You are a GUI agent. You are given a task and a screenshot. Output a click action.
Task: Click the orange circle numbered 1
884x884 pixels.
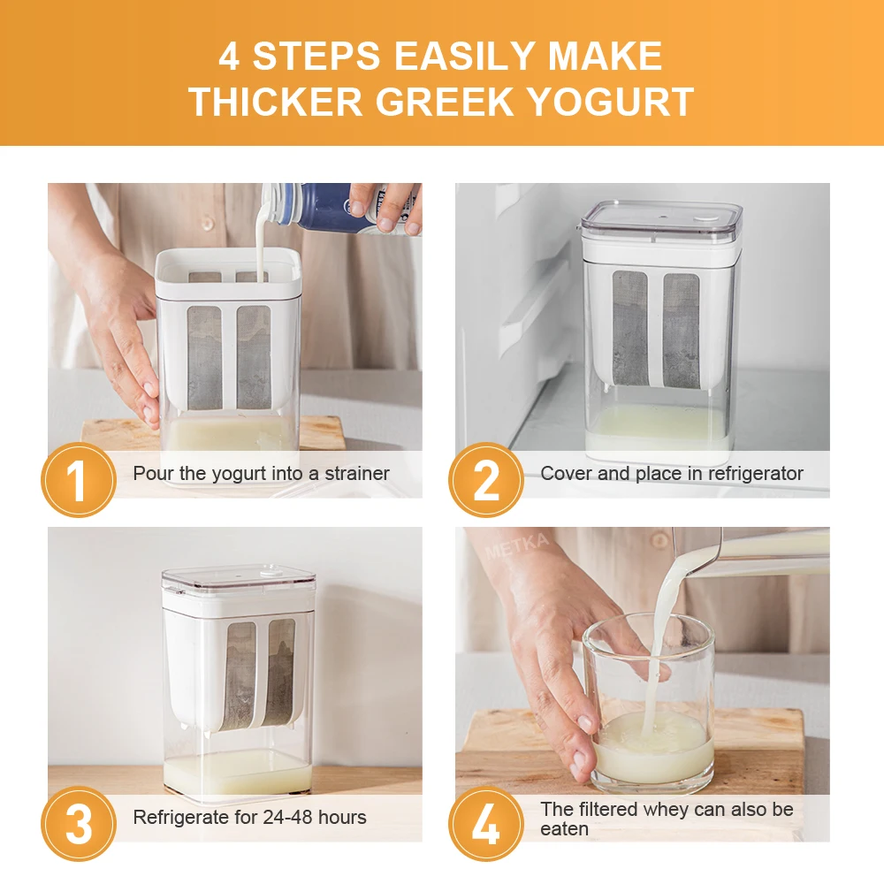coord(79,480)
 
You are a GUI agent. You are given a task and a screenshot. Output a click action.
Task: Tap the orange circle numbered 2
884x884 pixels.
coord(486,480)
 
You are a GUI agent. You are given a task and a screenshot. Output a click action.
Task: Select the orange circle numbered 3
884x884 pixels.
coord(79,824)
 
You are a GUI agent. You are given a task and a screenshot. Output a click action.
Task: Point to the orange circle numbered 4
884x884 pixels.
coord(486,824)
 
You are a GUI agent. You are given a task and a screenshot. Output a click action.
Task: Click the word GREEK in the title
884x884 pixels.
coord(445,102)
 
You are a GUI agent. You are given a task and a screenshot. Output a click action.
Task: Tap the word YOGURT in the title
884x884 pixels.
coord(611,102)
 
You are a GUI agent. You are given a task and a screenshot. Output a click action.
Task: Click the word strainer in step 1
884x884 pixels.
coord(357,474)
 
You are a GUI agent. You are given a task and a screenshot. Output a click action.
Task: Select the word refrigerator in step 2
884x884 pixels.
coord(756,474)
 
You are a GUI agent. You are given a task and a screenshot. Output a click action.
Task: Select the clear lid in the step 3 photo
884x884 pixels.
coord(239,580)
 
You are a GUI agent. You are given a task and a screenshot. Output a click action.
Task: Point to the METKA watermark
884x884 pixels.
coord(517,545)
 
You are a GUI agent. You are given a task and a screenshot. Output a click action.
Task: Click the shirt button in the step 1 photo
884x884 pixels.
coord(207,224)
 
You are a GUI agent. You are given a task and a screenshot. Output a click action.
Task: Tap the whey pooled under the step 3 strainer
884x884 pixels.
coord(237,770)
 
